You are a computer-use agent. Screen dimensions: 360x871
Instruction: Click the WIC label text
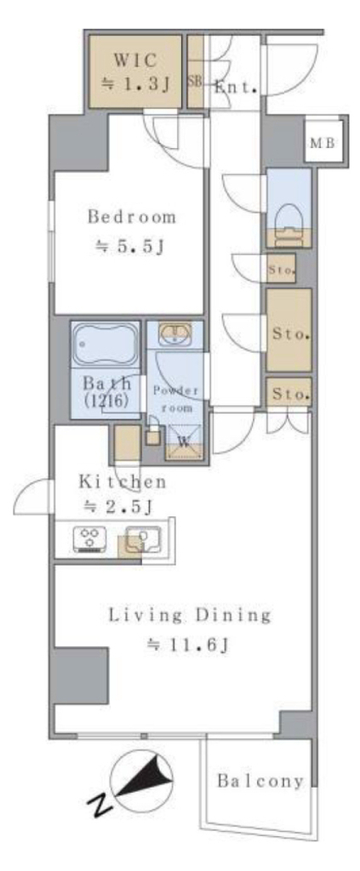136,59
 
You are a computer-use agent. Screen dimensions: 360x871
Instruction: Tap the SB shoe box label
195,82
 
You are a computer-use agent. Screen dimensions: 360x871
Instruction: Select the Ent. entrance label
235,88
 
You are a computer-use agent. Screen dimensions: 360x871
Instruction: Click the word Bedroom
132,217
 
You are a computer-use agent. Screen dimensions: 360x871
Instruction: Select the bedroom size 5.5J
131,248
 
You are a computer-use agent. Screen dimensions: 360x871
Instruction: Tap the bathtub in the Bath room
106,344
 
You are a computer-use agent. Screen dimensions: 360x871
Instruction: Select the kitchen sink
143,538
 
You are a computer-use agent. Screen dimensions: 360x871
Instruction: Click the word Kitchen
123,482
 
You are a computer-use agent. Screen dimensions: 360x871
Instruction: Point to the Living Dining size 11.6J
188,646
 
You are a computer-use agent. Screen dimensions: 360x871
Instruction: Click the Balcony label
260,782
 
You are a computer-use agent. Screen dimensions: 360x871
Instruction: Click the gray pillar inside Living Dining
80,675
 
